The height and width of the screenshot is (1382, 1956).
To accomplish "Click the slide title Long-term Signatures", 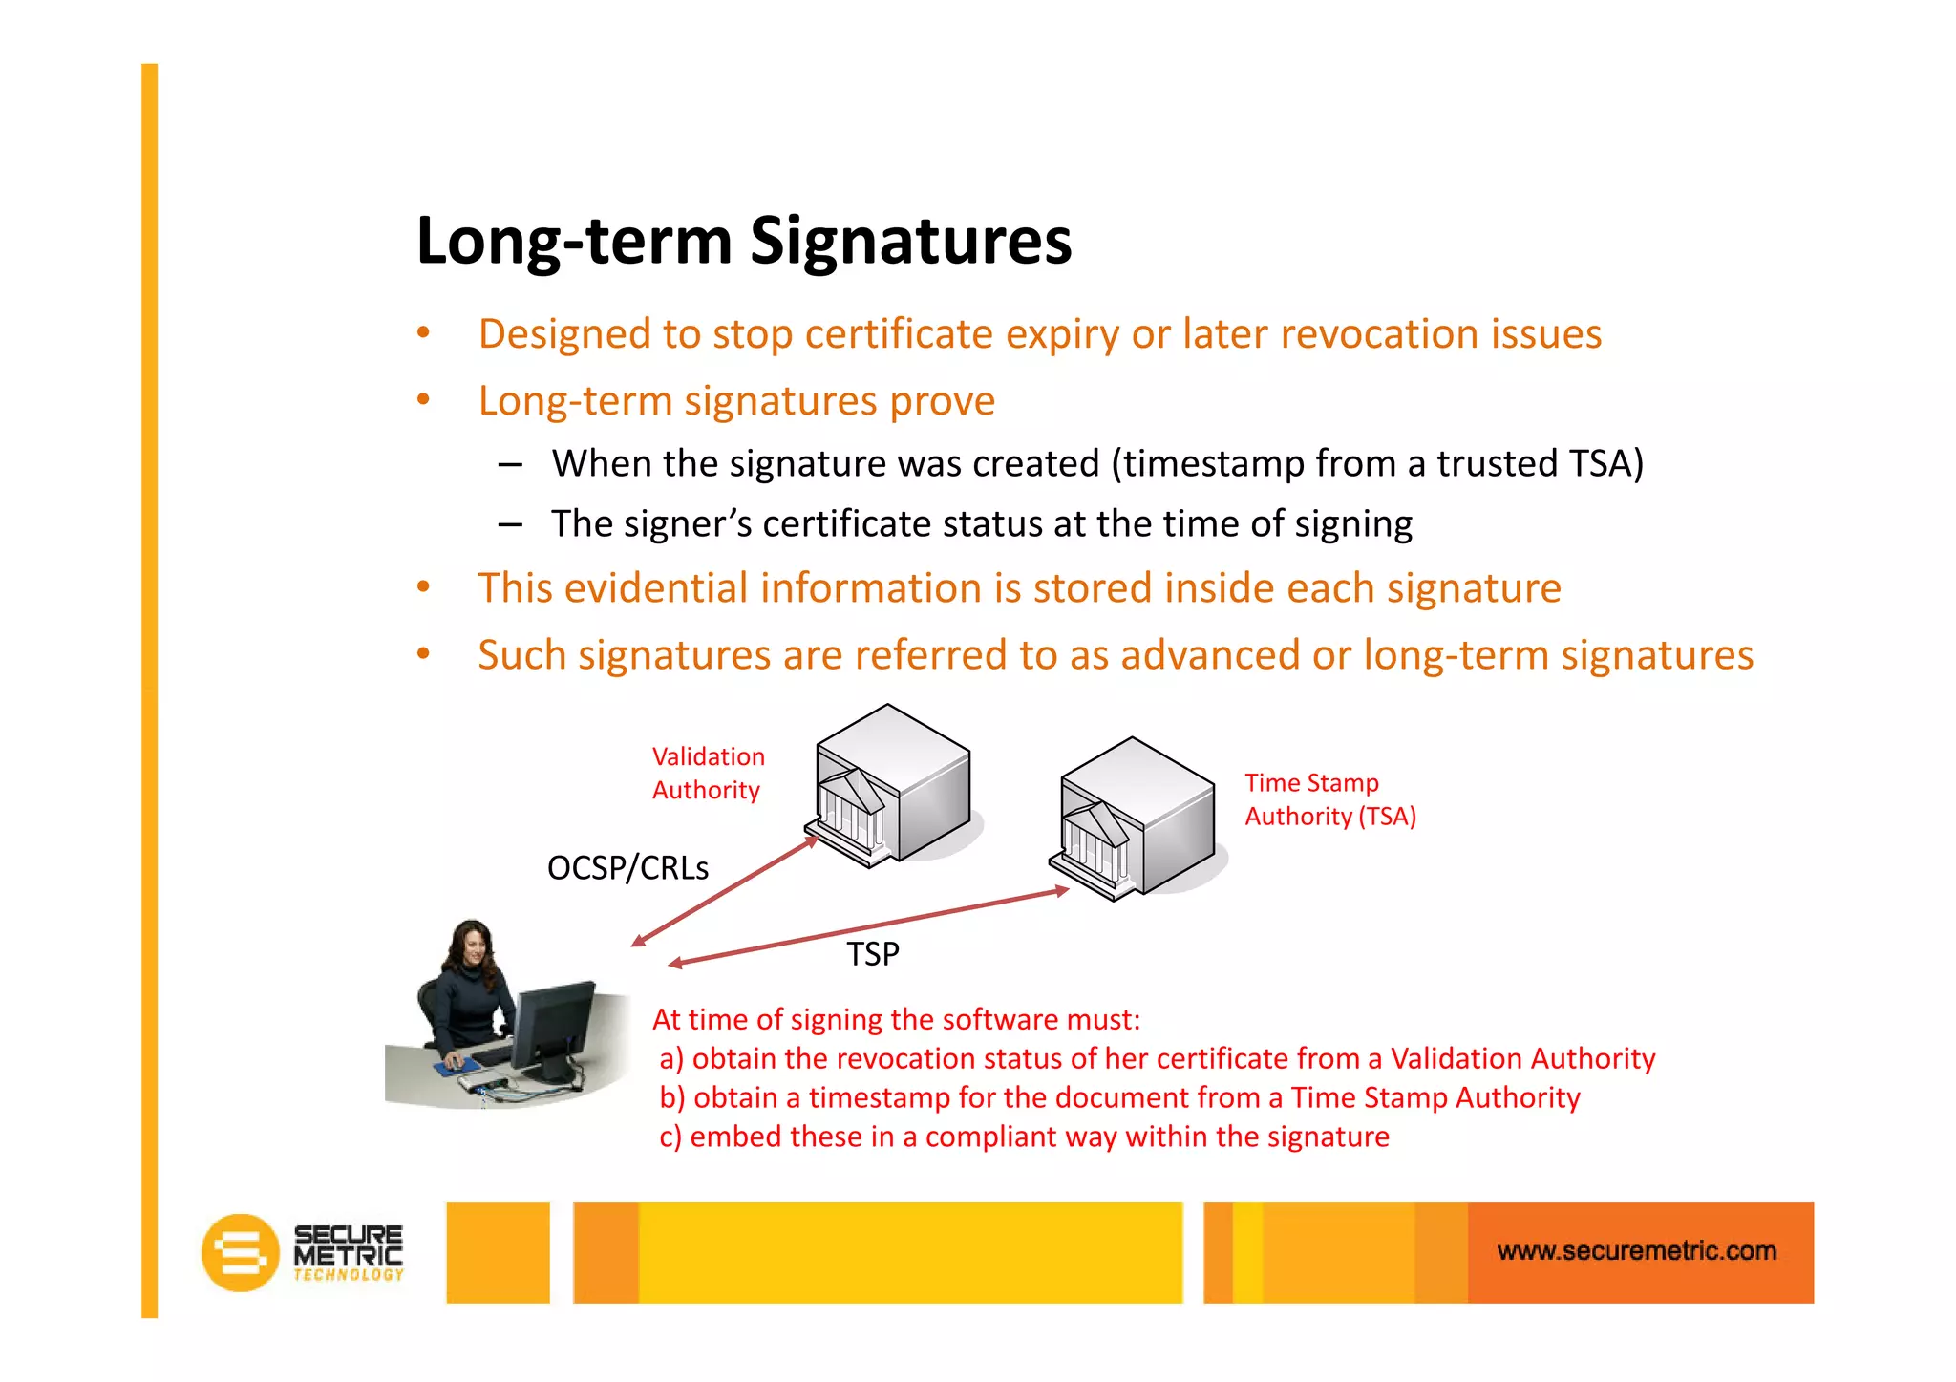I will point(744,241).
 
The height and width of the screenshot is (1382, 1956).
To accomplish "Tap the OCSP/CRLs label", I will point(627,868).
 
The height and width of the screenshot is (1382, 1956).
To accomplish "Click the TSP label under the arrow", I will point(873,954).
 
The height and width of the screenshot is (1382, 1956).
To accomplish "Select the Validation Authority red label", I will point(708,774).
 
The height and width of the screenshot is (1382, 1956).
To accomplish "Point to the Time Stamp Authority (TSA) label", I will point(1329,799).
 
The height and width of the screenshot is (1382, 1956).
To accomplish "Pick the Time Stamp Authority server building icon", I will point(1135,819).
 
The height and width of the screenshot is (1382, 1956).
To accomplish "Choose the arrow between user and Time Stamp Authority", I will point(868,926).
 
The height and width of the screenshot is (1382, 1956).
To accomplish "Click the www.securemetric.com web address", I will point(1636,1251).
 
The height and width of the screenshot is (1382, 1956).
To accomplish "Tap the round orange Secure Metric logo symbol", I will point(240,1252).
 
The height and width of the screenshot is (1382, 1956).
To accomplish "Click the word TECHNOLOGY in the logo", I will point(349,1275).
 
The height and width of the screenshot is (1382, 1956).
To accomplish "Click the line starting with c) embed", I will point(1024,1137).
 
